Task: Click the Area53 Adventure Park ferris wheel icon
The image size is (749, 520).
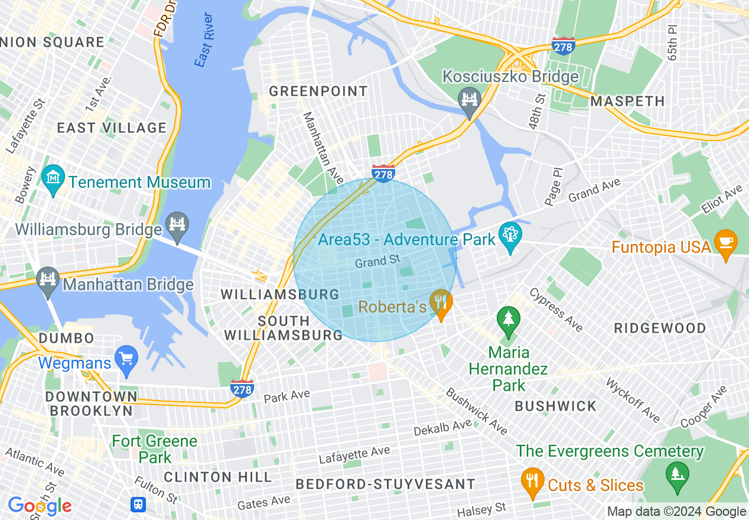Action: click(x=509, y=235)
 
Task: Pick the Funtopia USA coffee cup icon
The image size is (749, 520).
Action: click(x=725, y=243)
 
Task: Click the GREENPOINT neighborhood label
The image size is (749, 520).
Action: click(x=318, y=92)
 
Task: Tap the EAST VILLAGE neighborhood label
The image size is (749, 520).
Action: click(x=112, y=128)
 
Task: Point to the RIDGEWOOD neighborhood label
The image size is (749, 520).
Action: click(x=660, y=328)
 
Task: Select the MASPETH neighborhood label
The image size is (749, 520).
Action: click(x=628, y=101)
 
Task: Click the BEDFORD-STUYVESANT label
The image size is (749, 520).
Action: click(x=385, y=484)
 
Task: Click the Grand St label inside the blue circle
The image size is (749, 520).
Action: click(x=378, y=260)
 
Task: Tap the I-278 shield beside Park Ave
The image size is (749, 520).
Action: click(x=242, y=388)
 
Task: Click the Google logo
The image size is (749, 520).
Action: click(x=40, y=506)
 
